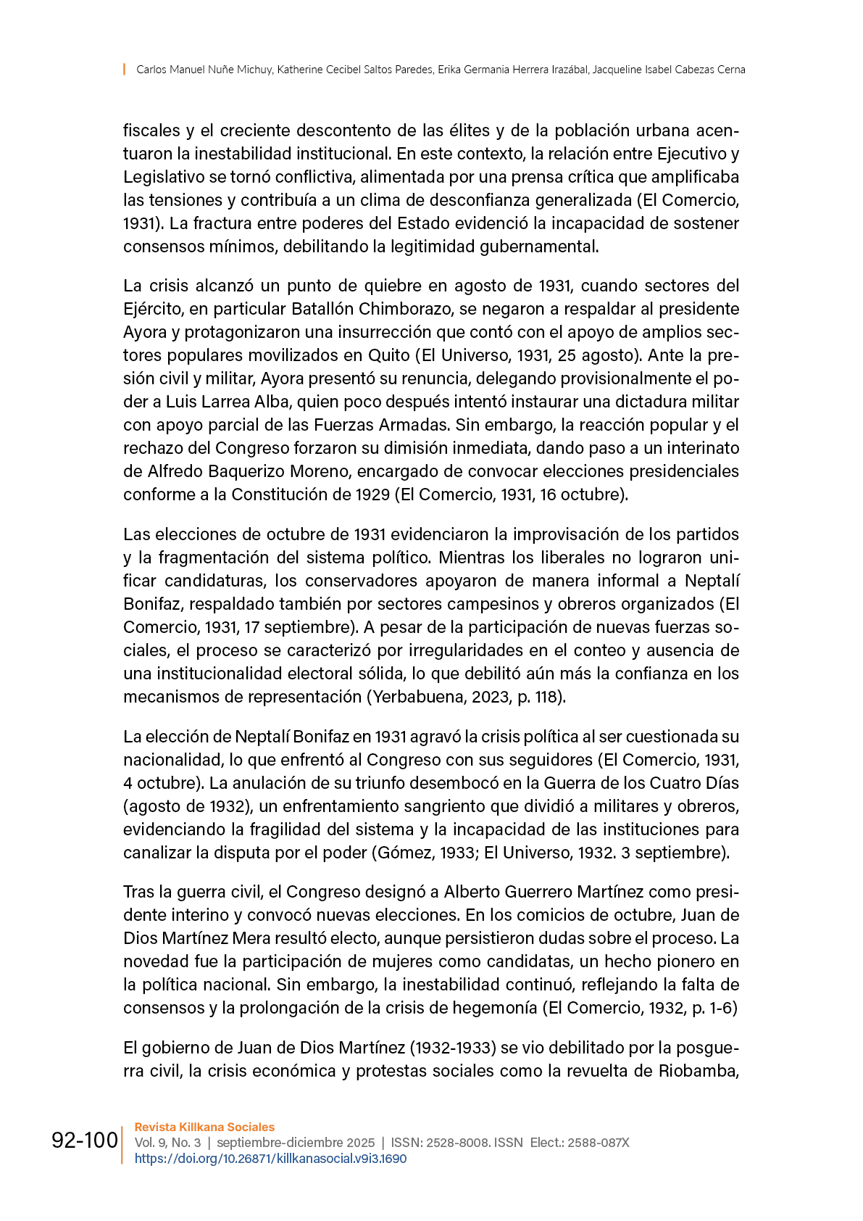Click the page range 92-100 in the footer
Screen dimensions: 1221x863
point(84,1141)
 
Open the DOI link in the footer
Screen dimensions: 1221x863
point(270,1159)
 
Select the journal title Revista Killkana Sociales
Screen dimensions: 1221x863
point(204,1127)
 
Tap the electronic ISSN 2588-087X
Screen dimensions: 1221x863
point(598,1143)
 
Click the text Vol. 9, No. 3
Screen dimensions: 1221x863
point(167,1143)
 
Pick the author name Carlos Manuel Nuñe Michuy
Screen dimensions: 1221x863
point(204,70)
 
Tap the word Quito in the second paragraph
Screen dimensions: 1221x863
point(389,355)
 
